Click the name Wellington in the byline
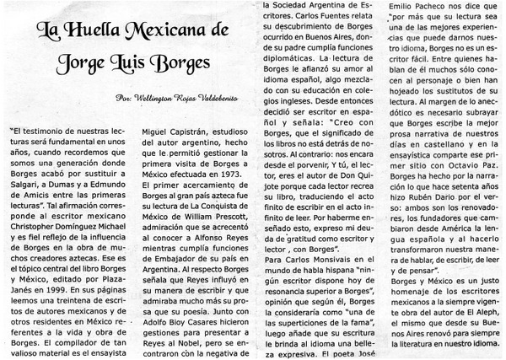(x=159, y=101)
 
